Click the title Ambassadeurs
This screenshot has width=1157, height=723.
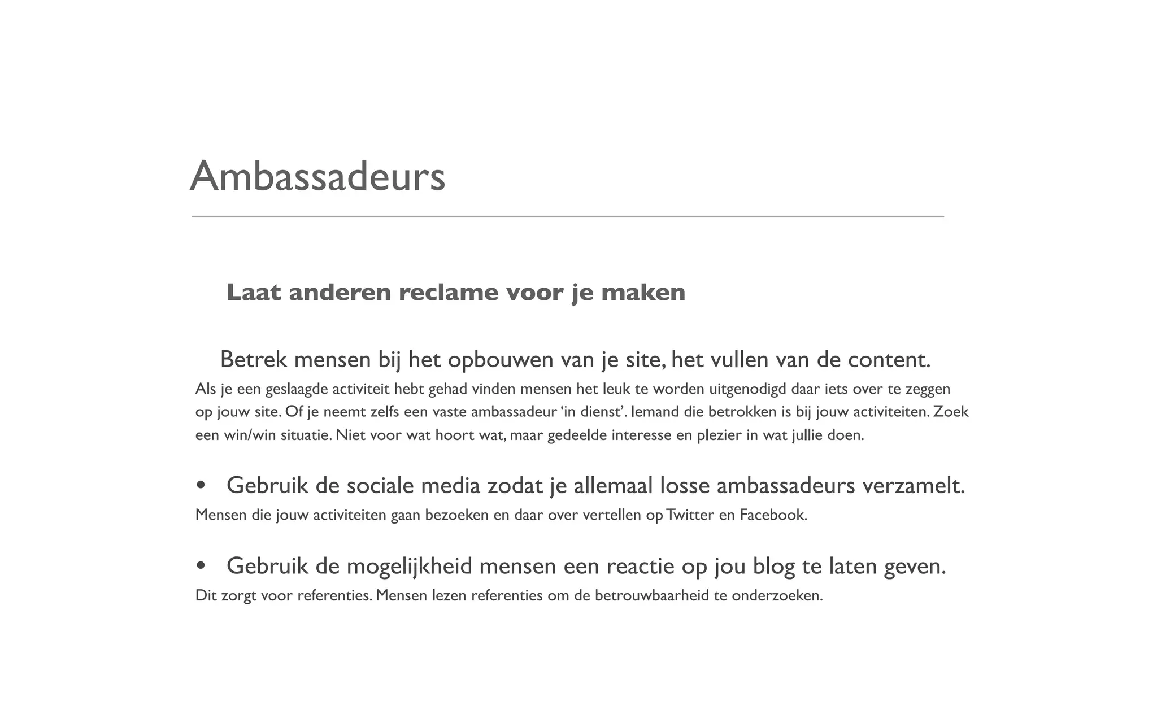[317, 176]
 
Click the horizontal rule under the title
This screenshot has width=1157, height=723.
[568, 217]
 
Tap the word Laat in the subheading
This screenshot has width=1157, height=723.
[254, 293]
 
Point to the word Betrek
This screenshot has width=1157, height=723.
[254, 360]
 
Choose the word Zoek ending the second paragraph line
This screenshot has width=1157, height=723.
[951, 412]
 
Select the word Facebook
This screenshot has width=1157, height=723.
[773, 515]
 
